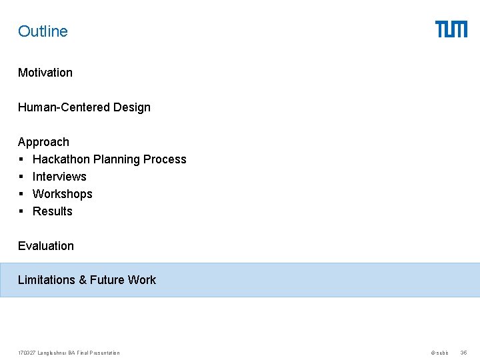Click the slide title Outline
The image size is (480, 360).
pos(43,31)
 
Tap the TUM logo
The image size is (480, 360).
pos(451,29)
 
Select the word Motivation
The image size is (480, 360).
pos(45,73)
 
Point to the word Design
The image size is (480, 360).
pos(132,107)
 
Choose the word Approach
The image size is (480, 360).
pos(43,142)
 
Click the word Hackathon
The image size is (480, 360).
pos(61,159)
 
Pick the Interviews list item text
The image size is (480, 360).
pos(59,177)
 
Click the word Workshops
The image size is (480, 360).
pos(63,194)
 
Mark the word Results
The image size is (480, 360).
pos(53,211)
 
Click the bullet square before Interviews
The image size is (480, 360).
pos(21,177)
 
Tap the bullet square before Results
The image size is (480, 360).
pos(21,211)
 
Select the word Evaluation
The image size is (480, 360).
pos(46,246)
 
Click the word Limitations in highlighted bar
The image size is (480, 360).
pos(47,280)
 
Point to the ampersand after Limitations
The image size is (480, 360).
pos(83,280)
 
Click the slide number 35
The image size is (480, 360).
pos(464,353)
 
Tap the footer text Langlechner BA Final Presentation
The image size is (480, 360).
pos(79,353)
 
